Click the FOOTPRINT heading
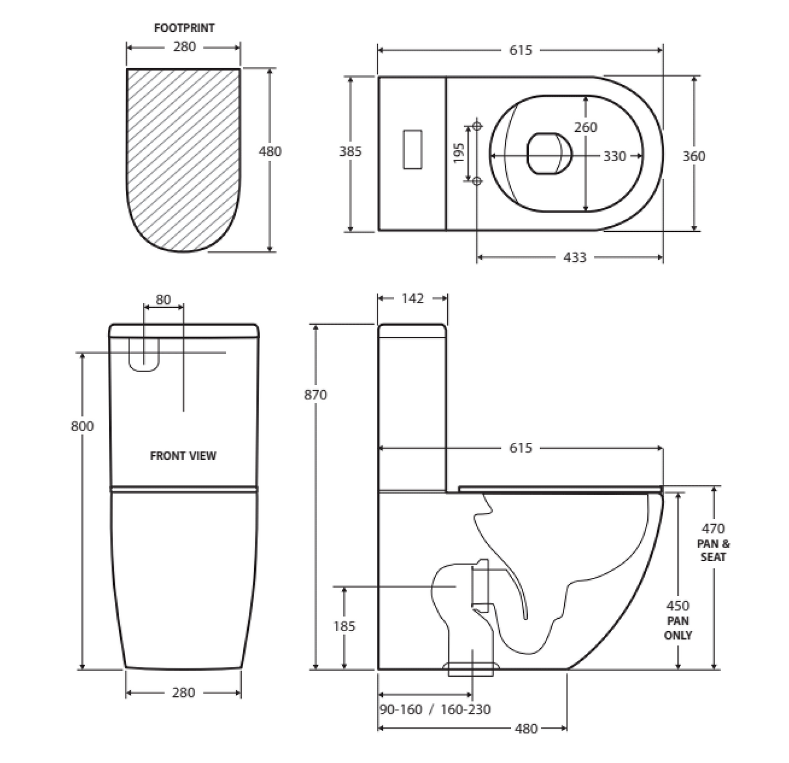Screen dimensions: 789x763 184,28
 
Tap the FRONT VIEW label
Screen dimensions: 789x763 183,456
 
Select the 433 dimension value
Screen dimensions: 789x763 575,257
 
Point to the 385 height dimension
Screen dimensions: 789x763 350,151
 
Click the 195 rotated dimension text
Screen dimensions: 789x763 459,153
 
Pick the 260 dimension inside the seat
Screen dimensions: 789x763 586,127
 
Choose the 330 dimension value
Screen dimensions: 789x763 615,156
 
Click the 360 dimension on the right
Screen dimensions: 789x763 693,156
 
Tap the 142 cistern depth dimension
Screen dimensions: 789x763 413,298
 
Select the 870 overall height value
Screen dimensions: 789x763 315,394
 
